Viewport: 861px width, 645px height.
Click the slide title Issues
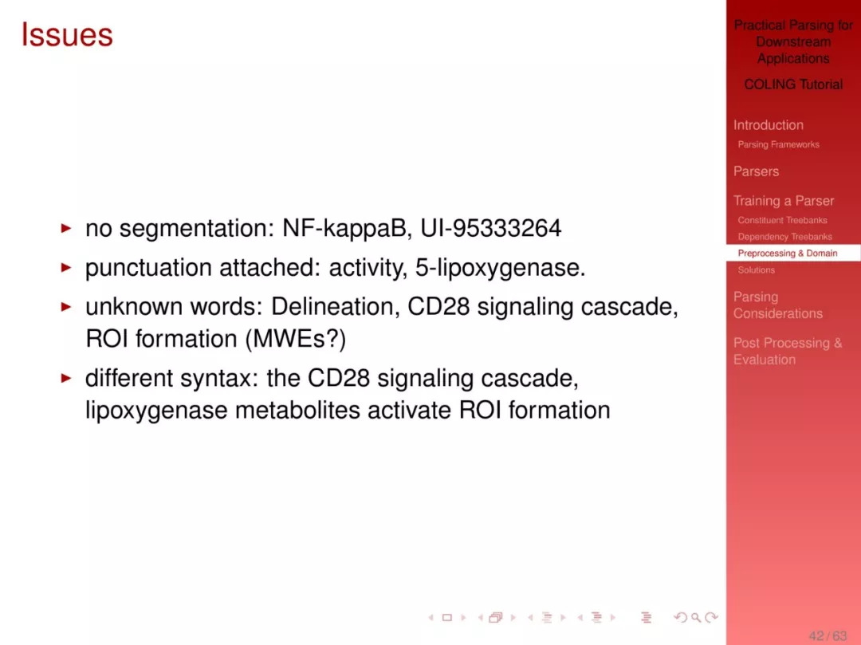67,35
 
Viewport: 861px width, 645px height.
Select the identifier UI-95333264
491,228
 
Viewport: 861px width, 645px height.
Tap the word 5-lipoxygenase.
500,268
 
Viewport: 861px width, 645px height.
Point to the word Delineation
336,306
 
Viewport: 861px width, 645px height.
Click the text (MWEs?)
296,339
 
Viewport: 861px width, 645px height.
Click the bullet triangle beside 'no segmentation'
66,228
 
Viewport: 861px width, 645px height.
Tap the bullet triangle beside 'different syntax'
66,378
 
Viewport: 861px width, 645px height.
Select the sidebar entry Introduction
769,125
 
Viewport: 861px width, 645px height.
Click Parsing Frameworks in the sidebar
778,144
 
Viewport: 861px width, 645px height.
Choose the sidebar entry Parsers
756,171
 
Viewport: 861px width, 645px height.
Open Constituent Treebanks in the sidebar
783,220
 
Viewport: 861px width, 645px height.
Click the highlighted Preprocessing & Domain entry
788,253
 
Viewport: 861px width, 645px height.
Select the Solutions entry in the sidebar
756,269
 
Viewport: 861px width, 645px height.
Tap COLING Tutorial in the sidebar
793,85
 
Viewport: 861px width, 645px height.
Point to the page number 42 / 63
828,635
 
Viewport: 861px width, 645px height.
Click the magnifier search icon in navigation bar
696,618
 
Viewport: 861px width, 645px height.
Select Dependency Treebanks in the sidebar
784,237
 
